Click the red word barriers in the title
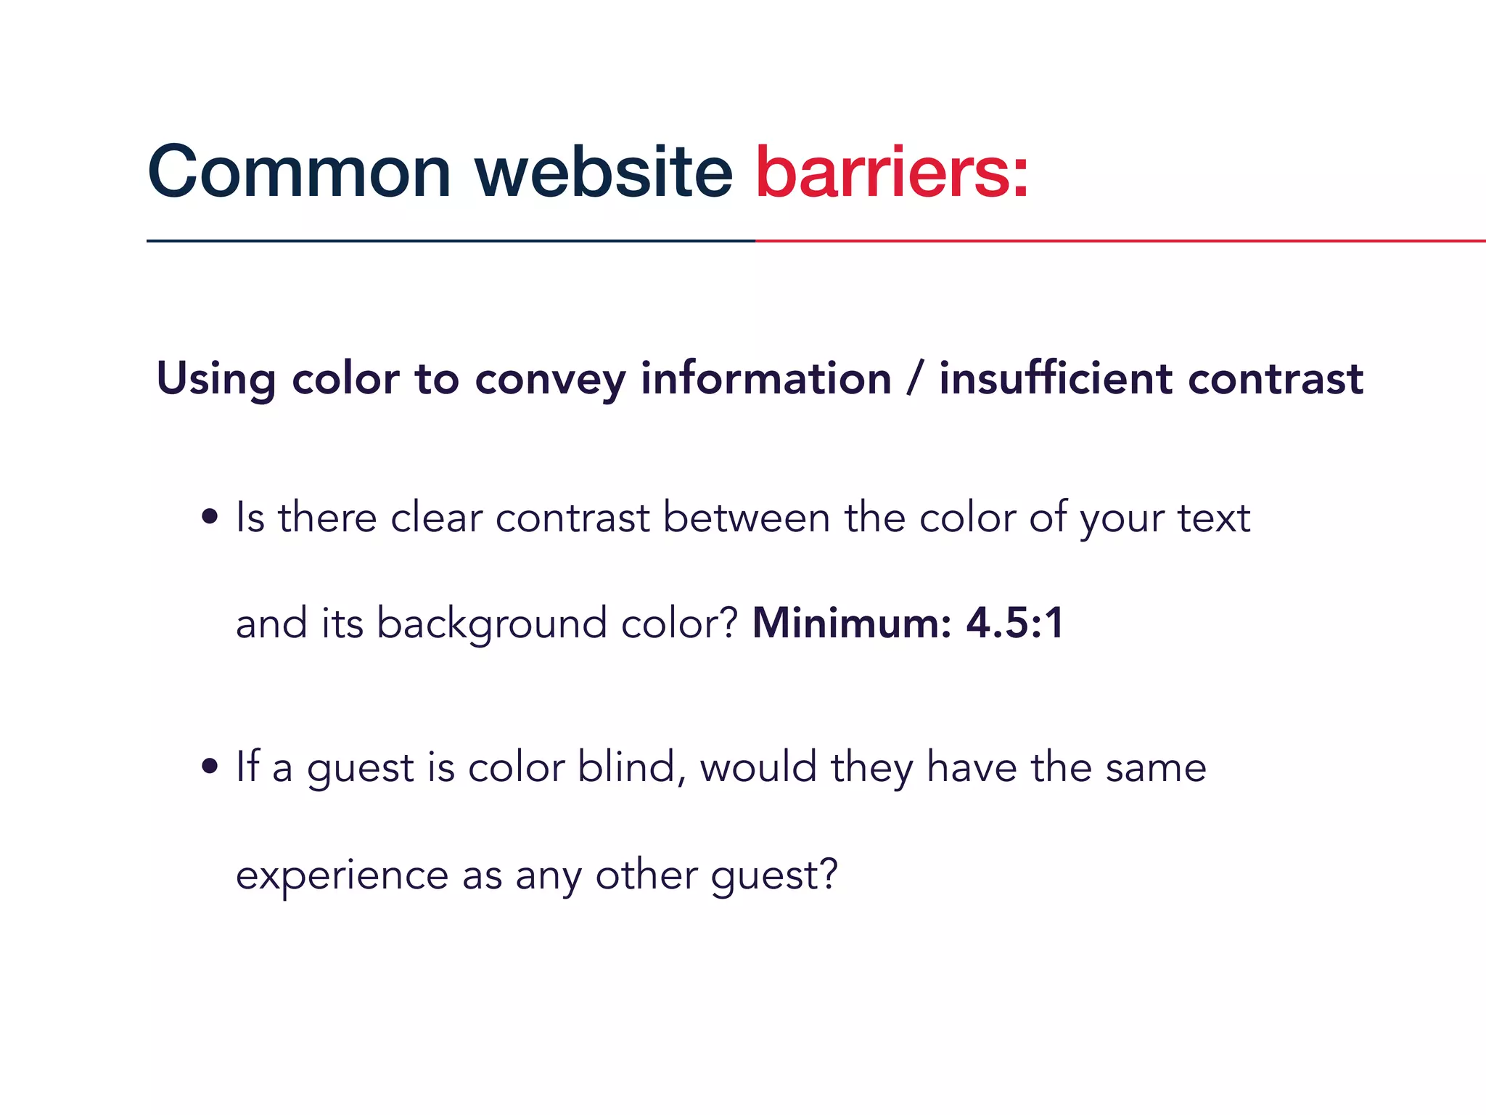pyautogui.click(x=891, y=173)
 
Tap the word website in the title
pyautogui.click(x=603, y=173)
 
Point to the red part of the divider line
pyautogui.click(x=1117, y=240)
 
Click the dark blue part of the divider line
pyautogui.click(x=450, y=240)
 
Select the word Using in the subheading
pyautogui.click(x=215, y=380)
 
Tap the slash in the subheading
pyautogui.click(x=915, y=378)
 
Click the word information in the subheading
pyautogui.click(x=765, y=378)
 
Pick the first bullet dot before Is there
pyautogui.click(x=210, y=518)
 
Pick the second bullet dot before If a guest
pyautogui.click(x=210, y=767)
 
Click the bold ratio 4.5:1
pyautogui.click(x=1014, y=623)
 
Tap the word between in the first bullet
pyautogui.click(x=746, y=518)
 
